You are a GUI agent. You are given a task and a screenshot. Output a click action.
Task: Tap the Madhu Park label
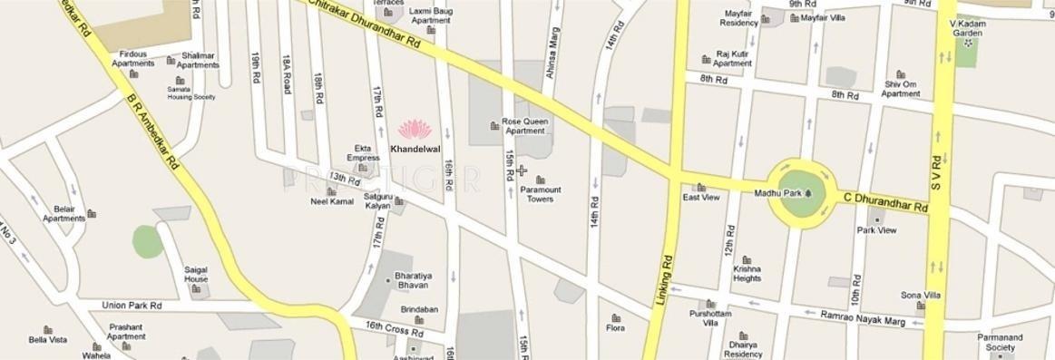[778, 193]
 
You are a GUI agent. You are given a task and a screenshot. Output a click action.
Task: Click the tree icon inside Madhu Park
[807, 193]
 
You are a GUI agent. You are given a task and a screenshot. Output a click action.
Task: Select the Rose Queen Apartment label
[523, 125]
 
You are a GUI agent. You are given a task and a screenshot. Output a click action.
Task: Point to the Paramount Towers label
[541, 194]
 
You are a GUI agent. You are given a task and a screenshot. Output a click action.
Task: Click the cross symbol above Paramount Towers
[522, 170]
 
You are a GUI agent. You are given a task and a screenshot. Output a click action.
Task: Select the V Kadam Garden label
[967, 27]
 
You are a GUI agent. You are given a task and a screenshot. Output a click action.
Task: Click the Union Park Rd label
[132, 305]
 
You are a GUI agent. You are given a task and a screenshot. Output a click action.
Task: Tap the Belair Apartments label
[63, 213]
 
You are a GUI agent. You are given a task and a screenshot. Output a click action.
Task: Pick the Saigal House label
[196, 274]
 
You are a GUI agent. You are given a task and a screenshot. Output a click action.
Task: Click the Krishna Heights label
[747, 273]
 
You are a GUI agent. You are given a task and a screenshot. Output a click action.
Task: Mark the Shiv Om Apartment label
[901, 89]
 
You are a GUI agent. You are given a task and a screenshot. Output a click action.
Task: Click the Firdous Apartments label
[132, 59]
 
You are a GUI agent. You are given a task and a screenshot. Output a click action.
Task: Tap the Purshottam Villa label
[704, 317]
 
